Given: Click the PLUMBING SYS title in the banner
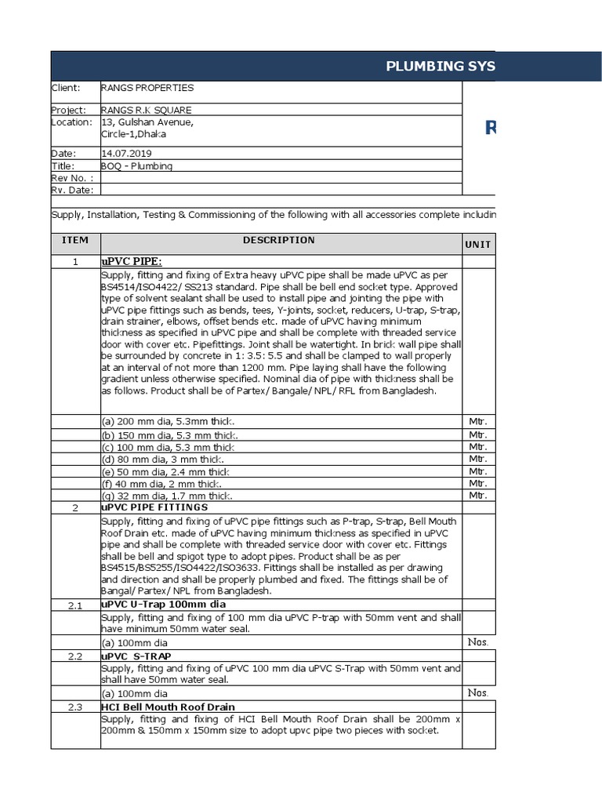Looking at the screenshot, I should (x=440, y=66).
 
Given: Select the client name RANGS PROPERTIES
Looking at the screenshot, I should (x=147, y=88).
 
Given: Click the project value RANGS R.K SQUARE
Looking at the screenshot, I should (x=146, y=111).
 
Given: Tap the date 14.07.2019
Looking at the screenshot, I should (x=127, y=154).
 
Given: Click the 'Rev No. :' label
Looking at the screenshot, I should (x=72, y=178).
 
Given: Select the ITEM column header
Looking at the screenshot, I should (x=75, y=240).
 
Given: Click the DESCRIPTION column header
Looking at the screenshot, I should (x=278, y=240).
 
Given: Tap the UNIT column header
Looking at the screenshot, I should (x=477, y=245).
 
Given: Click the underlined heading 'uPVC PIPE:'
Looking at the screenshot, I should (x=131, y=261).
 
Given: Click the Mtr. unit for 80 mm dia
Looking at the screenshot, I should (x=477, y=459).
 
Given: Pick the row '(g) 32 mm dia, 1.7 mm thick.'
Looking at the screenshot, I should (x=166, y=496).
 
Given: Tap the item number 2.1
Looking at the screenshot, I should (x=75, y=605).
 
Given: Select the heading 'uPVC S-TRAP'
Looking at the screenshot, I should (x=136, y=656).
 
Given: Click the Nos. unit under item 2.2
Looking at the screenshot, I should (x=477, y=692).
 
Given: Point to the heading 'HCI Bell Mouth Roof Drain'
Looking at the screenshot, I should (x=169, y=707).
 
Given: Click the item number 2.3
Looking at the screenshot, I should (x=75, y=707).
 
